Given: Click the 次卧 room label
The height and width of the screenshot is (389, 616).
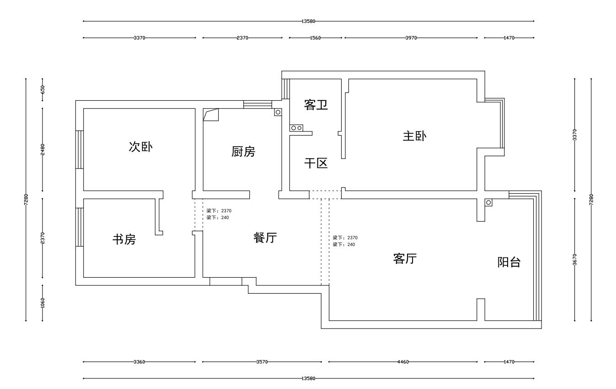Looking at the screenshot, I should (x=141, y=147).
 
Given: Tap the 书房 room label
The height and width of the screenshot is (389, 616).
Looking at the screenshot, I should (x=124, y=239).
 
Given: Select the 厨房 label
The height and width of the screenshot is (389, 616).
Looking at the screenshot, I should (x=243, y=152).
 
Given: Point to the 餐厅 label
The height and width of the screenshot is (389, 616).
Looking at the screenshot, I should (x=265, y=238).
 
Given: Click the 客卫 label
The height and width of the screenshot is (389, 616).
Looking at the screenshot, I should (x=316, y=105).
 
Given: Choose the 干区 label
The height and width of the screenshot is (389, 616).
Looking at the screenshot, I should (x=316, y=163).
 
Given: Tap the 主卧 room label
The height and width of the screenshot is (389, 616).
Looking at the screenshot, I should (x=414, y=136).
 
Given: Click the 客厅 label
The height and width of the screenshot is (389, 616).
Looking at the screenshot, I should (x=405, y=259).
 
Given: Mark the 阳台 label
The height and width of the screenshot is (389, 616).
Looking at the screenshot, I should (x=509, y=263).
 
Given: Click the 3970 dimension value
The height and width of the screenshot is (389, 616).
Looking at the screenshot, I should (x=411, y=38).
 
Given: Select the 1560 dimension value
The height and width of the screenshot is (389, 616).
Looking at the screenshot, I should (x=315, y=38).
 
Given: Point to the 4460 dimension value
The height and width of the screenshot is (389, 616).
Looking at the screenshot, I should (x=403, y=362).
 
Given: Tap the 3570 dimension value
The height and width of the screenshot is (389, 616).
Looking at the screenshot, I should (x=262, y=362).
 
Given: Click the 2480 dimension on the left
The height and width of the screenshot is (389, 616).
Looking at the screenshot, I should (x=43, y=149).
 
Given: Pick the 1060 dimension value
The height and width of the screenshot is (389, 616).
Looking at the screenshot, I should (x=43, y=302).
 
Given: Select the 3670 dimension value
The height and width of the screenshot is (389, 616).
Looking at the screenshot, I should (x=575, y=259).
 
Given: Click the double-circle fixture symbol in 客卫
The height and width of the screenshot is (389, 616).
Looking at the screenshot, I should (x=296, y=128).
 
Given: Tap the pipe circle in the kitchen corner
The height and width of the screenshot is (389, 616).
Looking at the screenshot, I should (x=278, y=112).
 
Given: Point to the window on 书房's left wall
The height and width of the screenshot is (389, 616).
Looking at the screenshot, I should (x=80, y=227).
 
